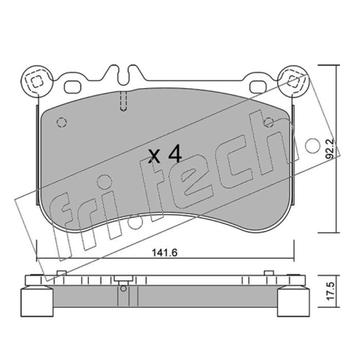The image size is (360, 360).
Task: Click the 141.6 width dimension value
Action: (165, 253)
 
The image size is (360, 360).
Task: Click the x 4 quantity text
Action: (165, 155)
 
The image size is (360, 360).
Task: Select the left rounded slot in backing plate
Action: (73, 87)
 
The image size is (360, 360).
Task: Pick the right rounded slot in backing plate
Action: (258, 87)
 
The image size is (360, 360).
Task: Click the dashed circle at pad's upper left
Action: (62, 122)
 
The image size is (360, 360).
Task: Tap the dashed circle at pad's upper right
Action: (269, 122)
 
